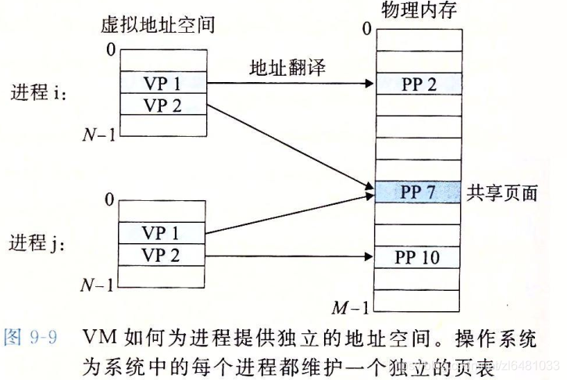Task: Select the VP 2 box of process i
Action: coord(163,105)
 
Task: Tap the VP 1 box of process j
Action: coord(163,233)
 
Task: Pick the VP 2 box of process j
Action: coord(163,254)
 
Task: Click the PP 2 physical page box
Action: coord(419,84)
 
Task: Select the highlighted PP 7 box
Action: coord(419,192)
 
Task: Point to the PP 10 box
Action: coord(419,255)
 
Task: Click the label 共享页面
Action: coord(502,192)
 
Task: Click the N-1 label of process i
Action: coord(100,135)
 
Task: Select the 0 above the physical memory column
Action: coord(366,30)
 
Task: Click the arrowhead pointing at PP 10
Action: coord(369,255)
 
